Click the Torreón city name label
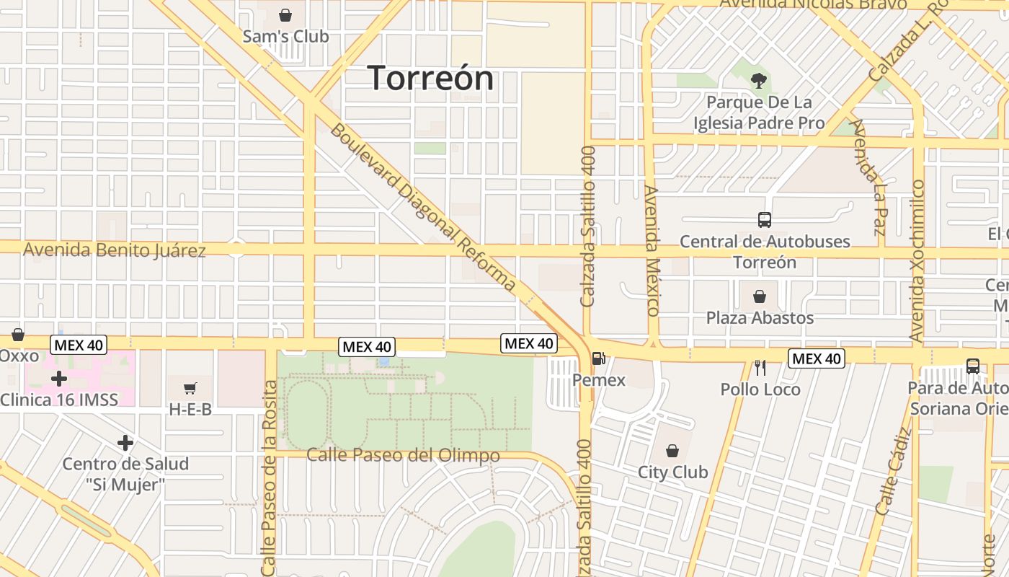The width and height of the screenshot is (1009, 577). [x=431, y=78]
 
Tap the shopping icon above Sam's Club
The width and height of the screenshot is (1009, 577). [x=285, y=15]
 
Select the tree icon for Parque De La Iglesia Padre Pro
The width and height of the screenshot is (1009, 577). [x=758, y=81]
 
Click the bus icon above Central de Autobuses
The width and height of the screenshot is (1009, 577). [x=764, y=220]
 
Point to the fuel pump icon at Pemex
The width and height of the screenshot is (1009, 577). [x=598, y=358]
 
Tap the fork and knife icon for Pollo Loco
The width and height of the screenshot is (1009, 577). [x=760, y=368]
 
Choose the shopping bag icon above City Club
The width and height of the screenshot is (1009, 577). [x=672, y=452]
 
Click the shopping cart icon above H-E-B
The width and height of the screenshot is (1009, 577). [x=190, y=389]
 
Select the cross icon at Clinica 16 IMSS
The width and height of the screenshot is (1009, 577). [x=59, y=378]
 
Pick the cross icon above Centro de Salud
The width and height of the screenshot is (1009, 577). [x=125, y=442]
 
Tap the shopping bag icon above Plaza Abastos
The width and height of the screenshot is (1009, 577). [x=759, y=296]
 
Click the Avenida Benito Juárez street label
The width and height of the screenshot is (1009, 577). [x=115, y=250]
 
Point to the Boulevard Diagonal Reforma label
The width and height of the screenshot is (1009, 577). [x=423, y=207]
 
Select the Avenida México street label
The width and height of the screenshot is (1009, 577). [x=653, y=251]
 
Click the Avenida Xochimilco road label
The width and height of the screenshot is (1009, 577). [x=917, y=260]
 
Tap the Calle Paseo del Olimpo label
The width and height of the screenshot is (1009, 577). [x=403, y=456]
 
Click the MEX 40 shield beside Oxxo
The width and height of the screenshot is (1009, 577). [x=79, y=345]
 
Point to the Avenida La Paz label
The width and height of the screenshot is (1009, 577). [x=868, y=177]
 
